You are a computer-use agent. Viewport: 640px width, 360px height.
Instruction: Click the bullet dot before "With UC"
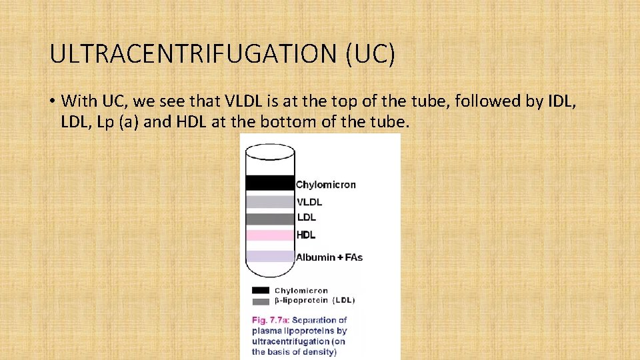(51, 101)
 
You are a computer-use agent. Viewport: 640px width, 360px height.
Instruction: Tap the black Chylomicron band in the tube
(269, 183)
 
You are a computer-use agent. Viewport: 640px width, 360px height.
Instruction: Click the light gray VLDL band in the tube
(269, 202)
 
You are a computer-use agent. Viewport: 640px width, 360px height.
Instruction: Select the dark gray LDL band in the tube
(269, 218)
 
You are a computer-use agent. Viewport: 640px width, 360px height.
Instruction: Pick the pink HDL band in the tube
(269, 235)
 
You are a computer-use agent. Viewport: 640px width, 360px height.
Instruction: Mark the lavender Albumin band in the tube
(269, 257)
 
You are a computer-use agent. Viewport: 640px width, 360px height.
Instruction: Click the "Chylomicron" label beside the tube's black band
(326, 185)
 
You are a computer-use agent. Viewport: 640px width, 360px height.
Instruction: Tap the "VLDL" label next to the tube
(309, 201)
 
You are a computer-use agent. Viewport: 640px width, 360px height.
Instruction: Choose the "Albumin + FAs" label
(329, 257)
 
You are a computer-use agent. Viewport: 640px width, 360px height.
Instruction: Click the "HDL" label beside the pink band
(306, 235)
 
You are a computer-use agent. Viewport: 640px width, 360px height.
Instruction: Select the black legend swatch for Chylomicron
(261, 291)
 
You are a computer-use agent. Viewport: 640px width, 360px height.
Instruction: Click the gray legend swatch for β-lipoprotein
(261, 301)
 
